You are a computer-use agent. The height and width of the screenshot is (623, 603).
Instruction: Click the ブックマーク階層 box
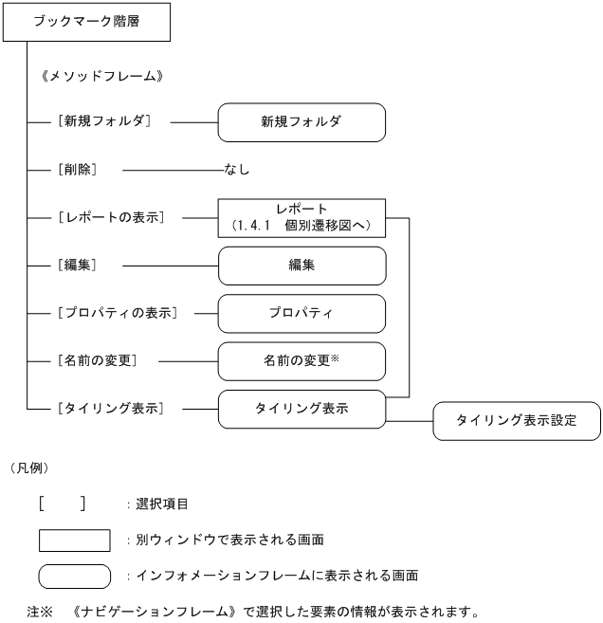(86, 22)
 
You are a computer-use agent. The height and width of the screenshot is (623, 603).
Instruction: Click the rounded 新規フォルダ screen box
(301, 122)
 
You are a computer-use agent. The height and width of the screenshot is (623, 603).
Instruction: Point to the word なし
(237, 170)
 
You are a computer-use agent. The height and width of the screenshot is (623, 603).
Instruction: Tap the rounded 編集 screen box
(301, 266)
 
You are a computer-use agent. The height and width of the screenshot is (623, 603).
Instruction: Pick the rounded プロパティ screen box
(301, 313)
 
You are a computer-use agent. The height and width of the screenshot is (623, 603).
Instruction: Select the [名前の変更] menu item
(98, 361)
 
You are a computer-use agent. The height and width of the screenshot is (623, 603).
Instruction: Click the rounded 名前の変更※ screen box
(301, 361)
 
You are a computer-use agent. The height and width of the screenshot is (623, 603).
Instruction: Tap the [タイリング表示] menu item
(111, 409)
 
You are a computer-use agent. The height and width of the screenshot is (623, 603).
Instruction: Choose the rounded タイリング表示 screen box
(301, 409)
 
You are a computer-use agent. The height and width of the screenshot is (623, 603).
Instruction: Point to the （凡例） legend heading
(29, 467)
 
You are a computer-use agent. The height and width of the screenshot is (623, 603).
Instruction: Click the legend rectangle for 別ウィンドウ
(75, 540)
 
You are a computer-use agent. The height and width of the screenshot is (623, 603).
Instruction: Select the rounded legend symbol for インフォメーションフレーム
(75, 576)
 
